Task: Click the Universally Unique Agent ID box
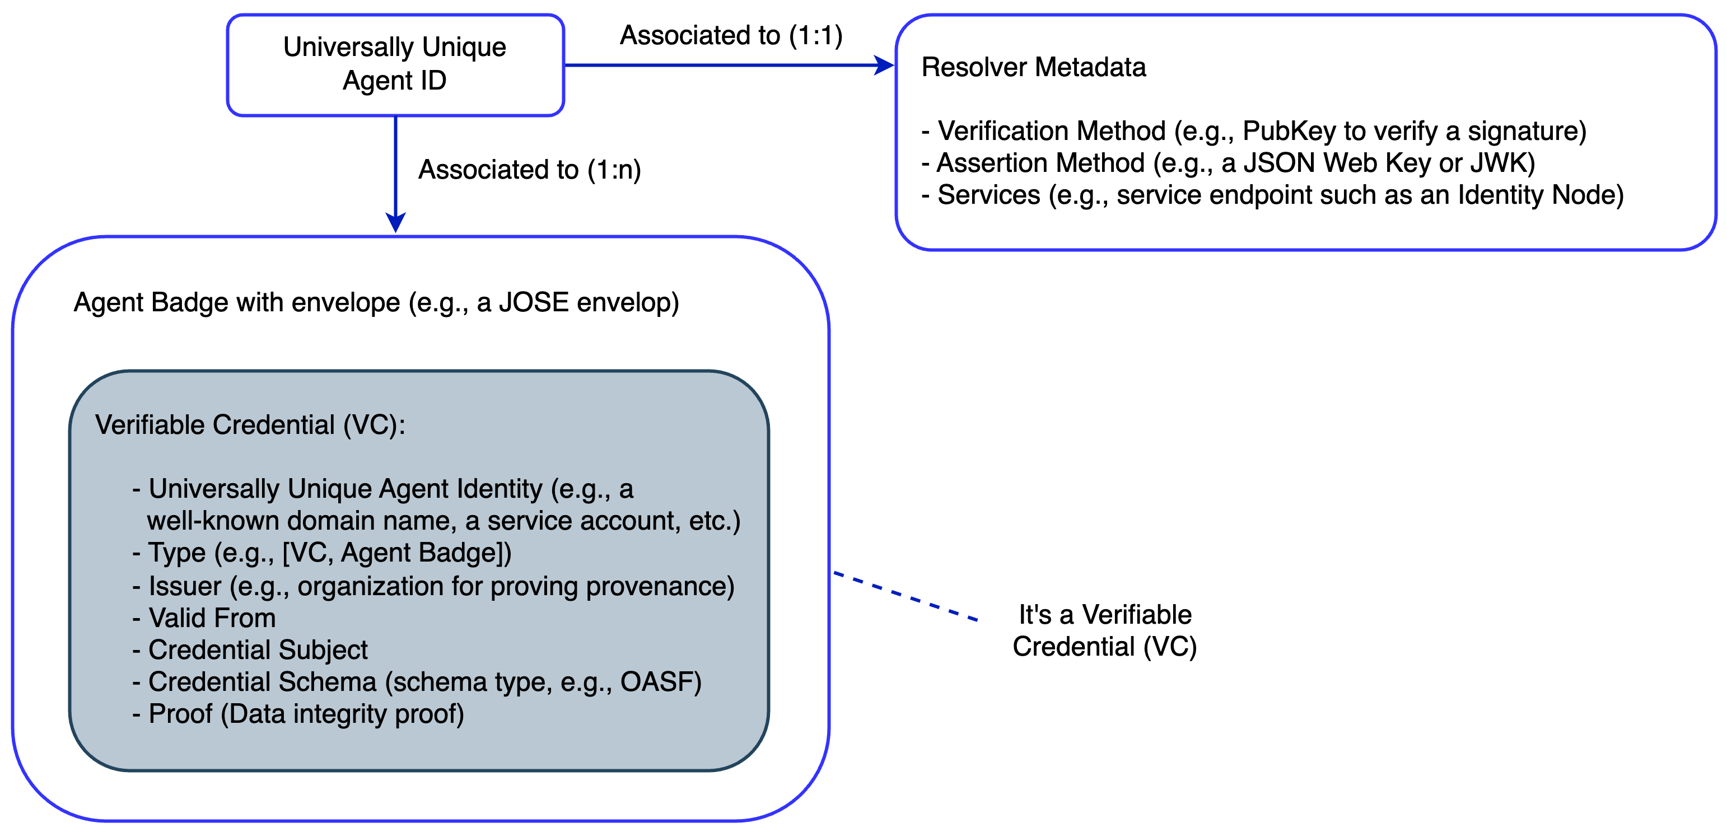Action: click(x=395, y=64)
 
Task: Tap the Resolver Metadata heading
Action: click(x=1033, y=67)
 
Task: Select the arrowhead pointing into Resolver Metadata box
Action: click(x=885, y=65)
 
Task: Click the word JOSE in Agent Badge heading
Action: click(x=534, y=302)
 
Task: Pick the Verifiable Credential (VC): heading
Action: click(x=250, y=425)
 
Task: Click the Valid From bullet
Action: click(x=211, y=618)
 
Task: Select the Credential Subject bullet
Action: click(x=258, y=650)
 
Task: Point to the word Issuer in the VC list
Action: click(x=184, y=587)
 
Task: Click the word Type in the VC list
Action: click(x=176, y=553)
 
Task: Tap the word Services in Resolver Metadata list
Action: click(x=988, y=195)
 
